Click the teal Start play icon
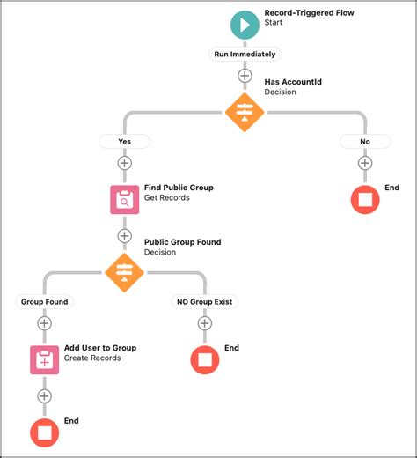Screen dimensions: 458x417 245,24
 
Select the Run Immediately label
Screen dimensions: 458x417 245,55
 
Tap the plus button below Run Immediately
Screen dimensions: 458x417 245,76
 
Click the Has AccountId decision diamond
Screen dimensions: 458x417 245,112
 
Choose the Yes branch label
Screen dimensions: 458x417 124,141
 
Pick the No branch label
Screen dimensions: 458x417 364,141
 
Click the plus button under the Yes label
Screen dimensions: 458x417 124,163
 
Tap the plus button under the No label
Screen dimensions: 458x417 364,163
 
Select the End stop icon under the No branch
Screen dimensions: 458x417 364,199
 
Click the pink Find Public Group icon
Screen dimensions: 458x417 124,199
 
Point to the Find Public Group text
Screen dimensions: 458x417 179,188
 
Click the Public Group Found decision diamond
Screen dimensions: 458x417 124,271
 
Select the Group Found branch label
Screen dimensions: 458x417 45,301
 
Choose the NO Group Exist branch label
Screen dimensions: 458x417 205,301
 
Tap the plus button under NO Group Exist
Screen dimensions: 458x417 205,323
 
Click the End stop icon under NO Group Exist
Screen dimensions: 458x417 205,359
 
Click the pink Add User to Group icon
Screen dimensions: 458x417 45,359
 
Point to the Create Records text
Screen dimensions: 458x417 92,358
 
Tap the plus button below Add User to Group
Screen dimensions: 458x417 45,396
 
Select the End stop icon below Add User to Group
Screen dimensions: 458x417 45,432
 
